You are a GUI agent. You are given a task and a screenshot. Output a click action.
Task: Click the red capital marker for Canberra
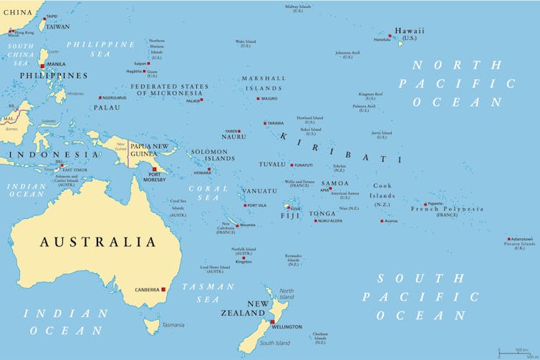click(163, 290)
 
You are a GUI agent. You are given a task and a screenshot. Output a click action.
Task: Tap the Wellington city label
click(287, 327)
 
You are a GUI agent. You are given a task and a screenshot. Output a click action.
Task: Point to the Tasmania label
click(172, 325)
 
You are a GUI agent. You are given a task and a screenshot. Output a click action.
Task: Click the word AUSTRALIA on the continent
click(97, 242)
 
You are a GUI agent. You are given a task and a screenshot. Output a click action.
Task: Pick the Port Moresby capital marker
click(154, 170)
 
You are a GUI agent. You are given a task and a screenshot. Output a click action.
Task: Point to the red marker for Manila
click(42, 65)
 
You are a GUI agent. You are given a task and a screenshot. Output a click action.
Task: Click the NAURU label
click(233, 137)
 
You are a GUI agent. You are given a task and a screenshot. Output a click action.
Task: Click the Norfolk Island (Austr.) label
click(244, 252)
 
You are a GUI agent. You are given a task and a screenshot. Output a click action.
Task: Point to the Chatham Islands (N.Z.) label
click(320, 338)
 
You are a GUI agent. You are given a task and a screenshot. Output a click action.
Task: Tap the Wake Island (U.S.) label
click(246, 43)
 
